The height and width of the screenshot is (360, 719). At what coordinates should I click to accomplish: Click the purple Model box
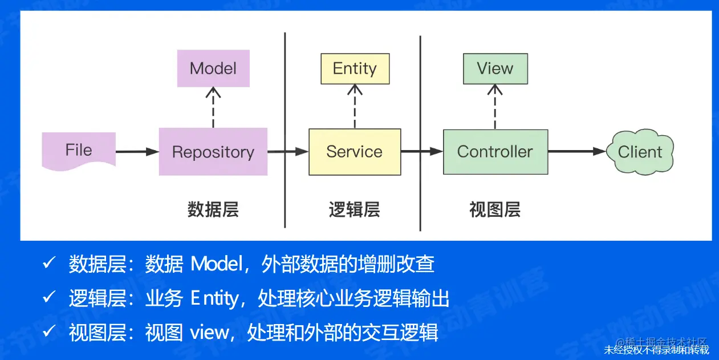point(213,68)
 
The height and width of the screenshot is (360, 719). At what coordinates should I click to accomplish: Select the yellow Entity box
point(355,68)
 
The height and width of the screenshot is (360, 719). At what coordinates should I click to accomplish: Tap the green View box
point(495,68)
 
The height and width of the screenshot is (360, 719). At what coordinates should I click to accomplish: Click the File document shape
point(79,150)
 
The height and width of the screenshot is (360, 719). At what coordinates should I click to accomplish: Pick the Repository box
point(213,152)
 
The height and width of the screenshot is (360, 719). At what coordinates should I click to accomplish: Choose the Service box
point(354,152)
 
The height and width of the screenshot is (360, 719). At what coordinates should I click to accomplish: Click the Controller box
point(495,152)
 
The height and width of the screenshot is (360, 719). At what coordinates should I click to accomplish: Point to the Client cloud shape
point(640,152)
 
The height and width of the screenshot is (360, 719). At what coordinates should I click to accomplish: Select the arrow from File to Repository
point(137,152)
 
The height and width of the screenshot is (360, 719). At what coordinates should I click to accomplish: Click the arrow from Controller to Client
point(576,152)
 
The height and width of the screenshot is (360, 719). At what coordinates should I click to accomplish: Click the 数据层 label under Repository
point(213,209)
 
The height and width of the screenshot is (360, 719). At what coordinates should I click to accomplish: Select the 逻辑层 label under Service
point(354,209)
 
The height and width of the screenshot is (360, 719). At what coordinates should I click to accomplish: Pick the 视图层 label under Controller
point(494,209)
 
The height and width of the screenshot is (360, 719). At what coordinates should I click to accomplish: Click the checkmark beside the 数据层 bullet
point(49,264)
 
